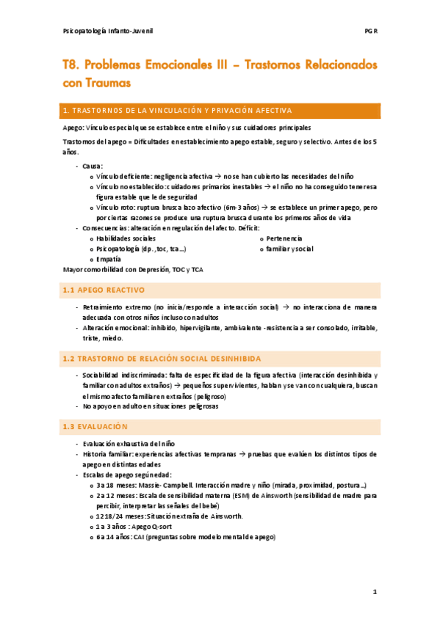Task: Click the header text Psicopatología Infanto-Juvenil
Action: pos(108,32)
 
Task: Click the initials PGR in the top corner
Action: pos(371,32)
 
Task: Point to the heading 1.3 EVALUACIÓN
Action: pos(95,426)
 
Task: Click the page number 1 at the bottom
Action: pos(374,591)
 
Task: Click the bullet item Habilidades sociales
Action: pos(126,238)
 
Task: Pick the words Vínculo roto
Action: pos(116,208)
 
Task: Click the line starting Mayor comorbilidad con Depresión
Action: pos(133,269)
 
